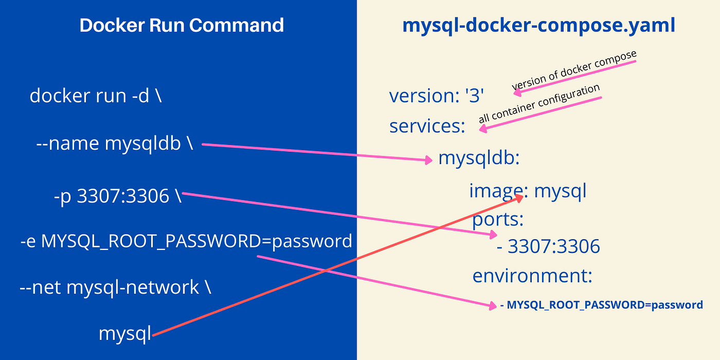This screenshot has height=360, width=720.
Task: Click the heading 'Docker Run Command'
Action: coord(182,25)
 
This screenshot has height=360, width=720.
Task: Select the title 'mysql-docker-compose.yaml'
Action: coord(538,25)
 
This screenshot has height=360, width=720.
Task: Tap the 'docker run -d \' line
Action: coord(96,96)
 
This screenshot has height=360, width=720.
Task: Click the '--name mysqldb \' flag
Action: coord(115,144)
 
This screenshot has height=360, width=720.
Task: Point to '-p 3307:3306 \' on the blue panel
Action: coord(117,196)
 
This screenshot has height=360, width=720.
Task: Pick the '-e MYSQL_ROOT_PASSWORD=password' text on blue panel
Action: coord(186,241)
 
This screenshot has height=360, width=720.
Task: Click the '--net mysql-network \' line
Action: coord(115,287)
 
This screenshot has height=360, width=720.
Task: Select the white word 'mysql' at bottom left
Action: coord(125,334)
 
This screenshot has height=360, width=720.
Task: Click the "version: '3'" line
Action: coord(437,96)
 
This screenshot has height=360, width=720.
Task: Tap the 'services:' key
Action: coord(427,125)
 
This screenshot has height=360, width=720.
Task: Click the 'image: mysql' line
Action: coord(528,191)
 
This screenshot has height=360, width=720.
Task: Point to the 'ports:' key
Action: coord(498,220)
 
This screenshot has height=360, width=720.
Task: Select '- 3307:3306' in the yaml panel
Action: coord(548,247)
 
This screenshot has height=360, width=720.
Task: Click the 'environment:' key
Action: coord(532,276)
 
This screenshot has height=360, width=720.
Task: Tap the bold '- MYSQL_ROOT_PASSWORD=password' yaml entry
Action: coord(601,305)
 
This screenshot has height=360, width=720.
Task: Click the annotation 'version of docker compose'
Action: coord(574,71)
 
